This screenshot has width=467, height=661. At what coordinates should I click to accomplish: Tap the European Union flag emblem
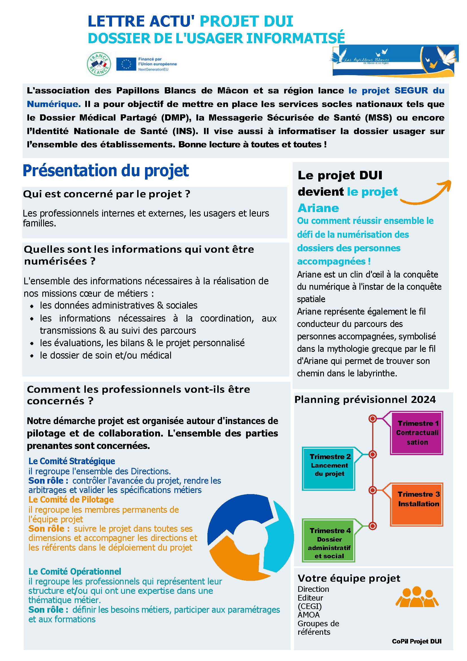click(x=126, y=64)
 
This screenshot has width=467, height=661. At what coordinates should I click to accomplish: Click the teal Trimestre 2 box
click(x=328, y=468)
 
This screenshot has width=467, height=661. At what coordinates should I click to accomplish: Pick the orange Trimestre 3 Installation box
click(x=416, y=504)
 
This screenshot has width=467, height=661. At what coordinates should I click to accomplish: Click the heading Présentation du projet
click(x=106, y=171)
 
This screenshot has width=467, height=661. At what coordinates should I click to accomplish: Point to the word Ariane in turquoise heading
click(x=318, y=208)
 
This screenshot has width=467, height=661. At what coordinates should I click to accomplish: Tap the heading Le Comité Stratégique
click(x=72, y=461)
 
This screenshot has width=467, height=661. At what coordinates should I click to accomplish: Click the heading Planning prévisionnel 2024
click(x=365, y=400)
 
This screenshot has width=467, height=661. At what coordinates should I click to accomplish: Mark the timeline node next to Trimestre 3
click(x=373, y=490)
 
